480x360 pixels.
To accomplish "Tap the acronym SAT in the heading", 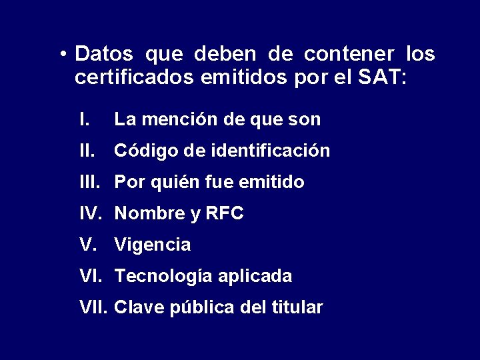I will click(381, 77).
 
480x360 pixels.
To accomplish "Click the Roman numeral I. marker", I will click(85, 120).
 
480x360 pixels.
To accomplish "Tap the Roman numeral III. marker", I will click(89, 182).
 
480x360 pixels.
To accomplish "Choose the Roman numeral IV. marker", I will click(91, 213).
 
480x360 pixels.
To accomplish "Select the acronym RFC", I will click(224, 213).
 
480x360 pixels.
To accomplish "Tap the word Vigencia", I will click(153, 245).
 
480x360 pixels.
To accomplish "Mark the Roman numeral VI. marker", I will click(91, 275).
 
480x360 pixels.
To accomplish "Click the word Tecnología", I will click(159, 276).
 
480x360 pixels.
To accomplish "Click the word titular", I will click(298, 307).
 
